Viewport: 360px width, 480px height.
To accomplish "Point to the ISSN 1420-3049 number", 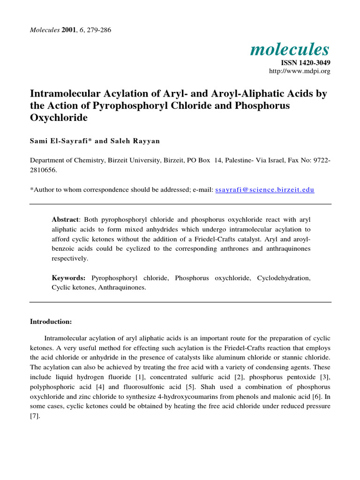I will (306, 62).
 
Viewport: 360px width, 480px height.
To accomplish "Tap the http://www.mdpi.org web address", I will (300, 71).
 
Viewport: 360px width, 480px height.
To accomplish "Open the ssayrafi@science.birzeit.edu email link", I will (264, 190).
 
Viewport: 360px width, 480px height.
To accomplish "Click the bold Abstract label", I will (66, 220).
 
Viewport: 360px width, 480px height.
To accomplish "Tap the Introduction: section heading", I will (51, 322).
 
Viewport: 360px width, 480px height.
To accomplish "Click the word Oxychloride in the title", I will (59, 118).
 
